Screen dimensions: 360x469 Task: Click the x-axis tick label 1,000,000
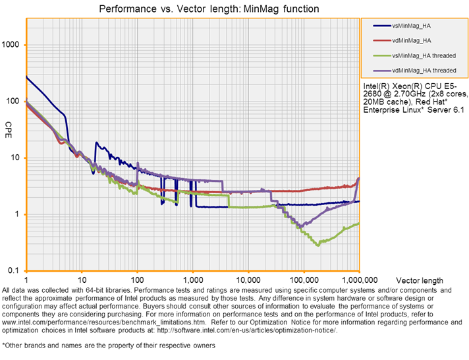[x=359, y=280]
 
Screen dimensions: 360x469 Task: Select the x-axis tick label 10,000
[x=248, y=280]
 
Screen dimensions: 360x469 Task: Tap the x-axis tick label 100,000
[x=303, y=280]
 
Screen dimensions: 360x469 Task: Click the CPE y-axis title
[x=9, y=125]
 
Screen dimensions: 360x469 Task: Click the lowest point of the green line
[x=318, y=245]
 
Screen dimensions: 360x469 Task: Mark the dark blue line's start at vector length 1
[x=26, y=76]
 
